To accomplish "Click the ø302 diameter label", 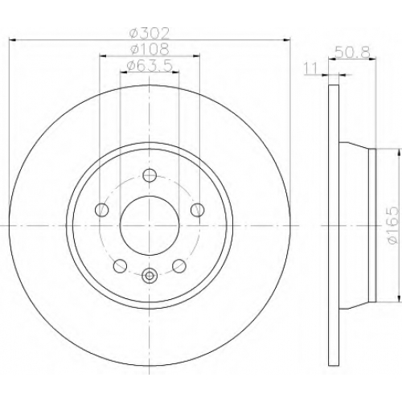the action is tap(150, 34).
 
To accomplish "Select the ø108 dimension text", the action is tap(150, 49).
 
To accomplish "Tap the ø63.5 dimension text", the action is tap(150, 66).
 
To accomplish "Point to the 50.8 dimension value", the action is tap(352, 52).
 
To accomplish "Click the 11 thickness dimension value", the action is tap(310, 68).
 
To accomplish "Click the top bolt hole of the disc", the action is tap(150, 175).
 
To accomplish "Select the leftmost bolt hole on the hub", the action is tap(101, 210).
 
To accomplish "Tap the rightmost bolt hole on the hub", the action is tap(198, 210).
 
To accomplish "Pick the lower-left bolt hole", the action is tap(120, 266).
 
